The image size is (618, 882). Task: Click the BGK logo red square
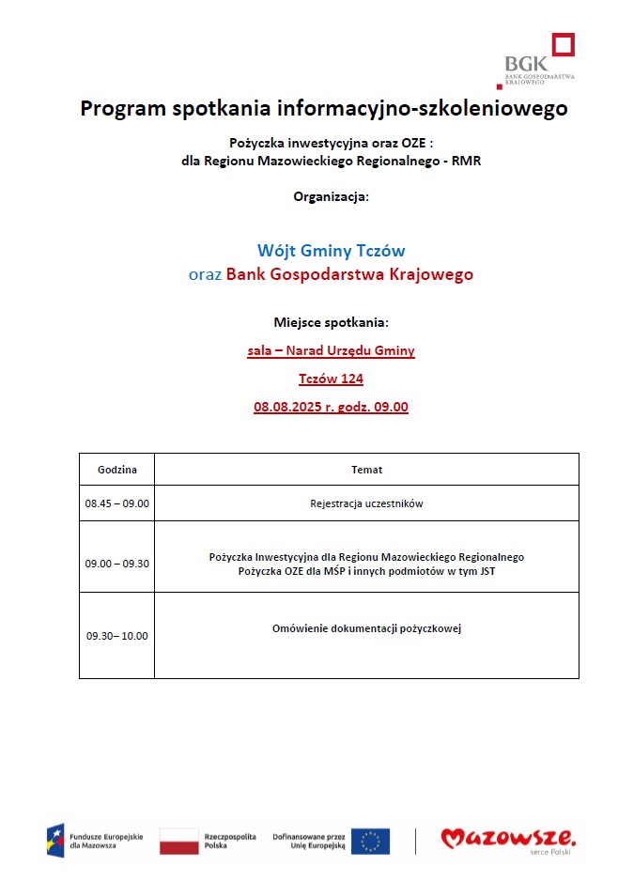[x=563, y=45]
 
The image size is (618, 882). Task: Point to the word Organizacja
[x=331, y=197]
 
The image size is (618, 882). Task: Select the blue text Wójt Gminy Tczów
[x=331, y=251]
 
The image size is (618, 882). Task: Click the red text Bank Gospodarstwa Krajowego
[x=349, y=274]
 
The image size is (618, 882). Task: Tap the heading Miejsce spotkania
[x=331, y=322]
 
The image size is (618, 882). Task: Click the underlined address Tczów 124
[x=331, y=379]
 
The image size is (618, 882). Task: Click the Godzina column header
[x=117, y=469]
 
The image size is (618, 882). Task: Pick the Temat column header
[x=366, y=469]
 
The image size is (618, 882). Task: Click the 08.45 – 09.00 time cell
[x=117, y=503]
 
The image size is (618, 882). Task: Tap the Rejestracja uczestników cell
[x=366, y=503]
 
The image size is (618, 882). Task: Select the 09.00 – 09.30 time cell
[x=117, y=564]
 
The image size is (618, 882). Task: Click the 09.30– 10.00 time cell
[x=117, y=635]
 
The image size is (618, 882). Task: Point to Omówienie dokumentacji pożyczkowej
[x=366, y=628]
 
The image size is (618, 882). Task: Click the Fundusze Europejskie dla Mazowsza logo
[x=95, y=841]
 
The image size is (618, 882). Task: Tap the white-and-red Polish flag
[x=178, y=841]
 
